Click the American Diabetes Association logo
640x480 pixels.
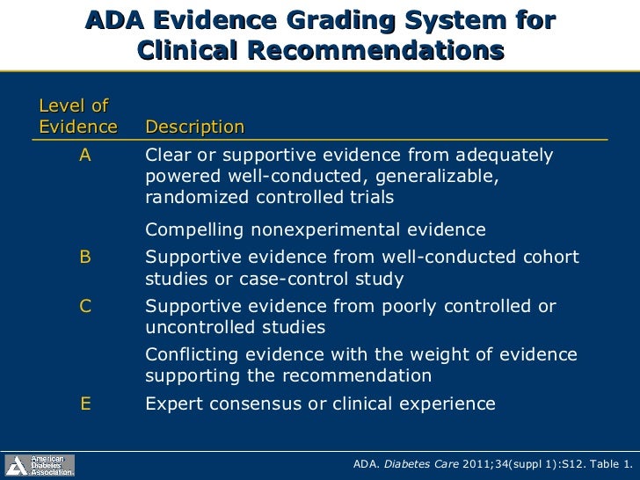point(40,465)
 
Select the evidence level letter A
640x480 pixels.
point(85,156)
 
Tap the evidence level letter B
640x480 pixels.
point(85,257)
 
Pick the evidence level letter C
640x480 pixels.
point(85,306)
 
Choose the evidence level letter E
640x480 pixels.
point(85,404)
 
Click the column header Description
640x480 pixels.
point(194,127)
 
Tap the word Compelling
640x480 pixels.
point(193,230)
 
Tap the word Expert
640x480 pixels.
point(171,404)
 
